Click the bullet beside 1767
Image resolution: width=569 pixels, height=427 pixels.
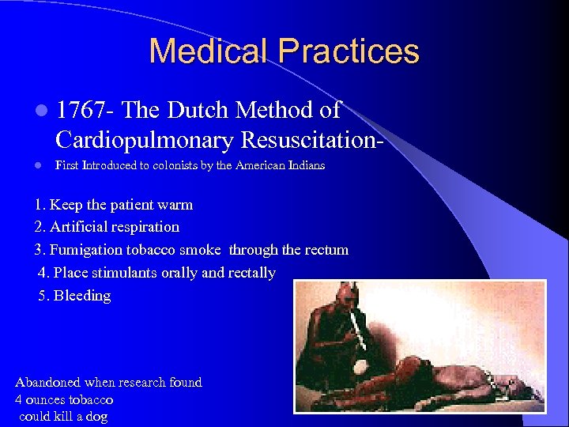[x=40, y=111]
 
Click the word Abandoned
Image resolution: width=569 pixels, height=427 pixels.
[x=48, y=382]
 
